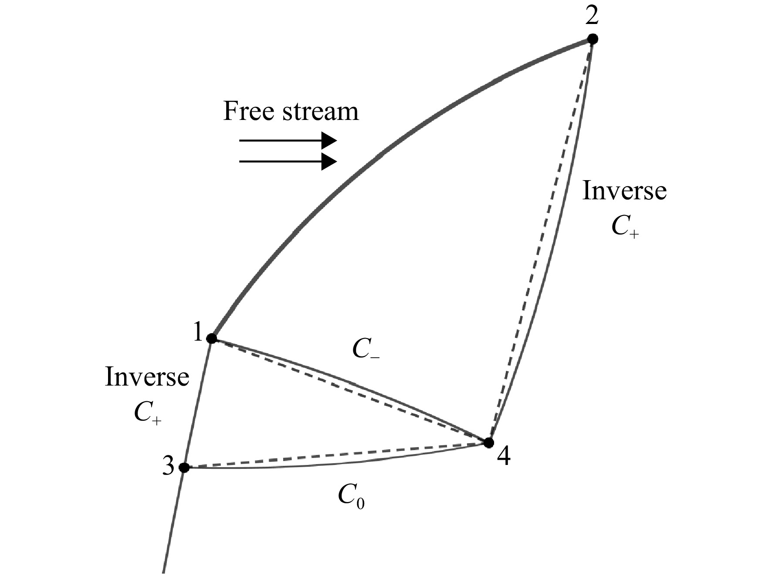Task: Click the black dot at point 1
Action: [211, 338]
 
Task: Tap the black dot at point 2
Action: [593, 39]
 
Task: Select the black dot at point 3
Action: [184, 468]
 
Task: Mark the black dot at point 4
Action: [489, 443]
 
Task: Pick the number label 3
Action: [168, 467]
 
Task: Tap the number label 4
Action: [504, 457]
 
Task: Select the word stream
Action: [321, 112]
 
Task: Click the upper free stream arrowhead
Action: [329, 141]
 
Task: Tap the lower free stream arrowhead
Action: [329, 162]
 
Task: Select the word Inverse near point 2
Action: [624, 191]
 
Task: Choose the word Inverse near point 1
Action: [147, 377]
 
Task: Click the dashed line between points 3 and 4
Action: [336, 455]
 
